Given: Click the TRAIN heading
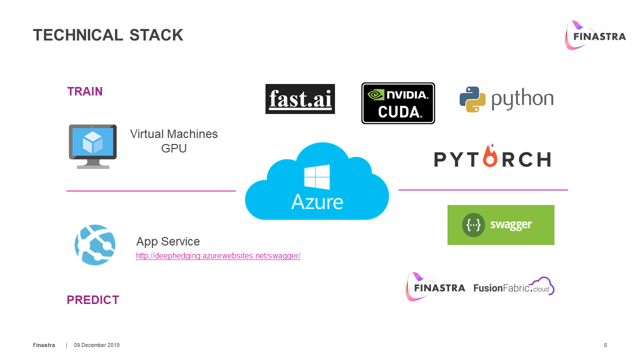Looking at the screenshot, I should pos(85,91).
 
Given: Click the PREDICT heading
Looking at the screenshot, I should pos(93,300).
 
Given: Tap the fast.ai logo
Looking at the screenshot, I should pos(300,99).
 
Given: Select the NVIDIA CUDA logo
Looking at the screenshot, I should pos(398,103).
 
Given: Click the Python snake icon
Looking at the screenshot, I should pos(472,99).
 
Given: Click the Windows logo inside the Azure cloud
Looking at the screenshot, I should pos(317,177).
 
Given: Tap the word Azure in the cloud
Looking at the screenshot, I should pos(317,201).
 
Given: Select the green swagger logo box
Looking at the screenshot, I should pos(500,225).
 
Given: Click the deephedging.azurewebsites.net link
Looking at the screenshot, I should pos(218,256).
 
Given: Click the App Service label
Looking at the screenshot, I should pos(168,241).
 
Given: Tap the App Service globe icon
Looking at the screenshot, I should pos(95,245).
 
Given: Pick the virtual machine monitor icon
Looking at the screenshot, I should pos(92,146).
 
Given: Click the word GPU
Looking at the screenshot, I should pos(174,148).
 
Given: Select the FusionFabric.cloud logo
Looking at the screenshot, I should pos(514,287).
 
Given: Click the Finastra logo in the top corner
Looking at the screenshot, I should pos(595,35).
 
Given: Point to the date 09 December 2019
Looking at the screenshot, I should pos(97,345).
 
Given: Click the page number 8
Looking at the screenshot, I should pos(605,345).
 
